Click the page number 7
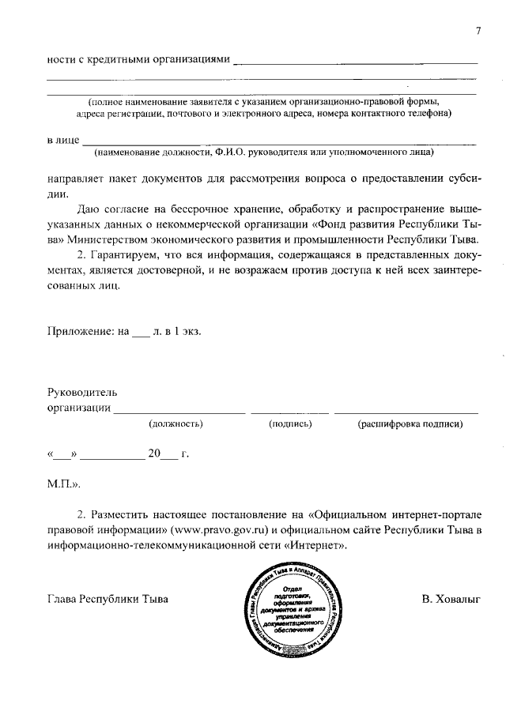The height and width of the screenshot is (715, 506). (478, 31)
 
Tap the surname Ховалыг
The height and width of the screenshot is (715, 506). (451, 598)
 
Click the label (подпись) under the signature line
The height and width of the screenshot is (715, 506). (289, 424)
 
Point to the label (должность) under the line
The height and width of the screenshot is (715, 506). (176, 424)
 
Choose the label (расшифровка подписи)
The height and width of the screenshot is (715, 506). (410, 424)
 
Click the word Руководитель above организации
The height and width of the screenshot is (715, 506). (82, 393)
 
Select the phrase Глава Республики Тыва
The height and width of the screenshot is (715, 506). (108, 598)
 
